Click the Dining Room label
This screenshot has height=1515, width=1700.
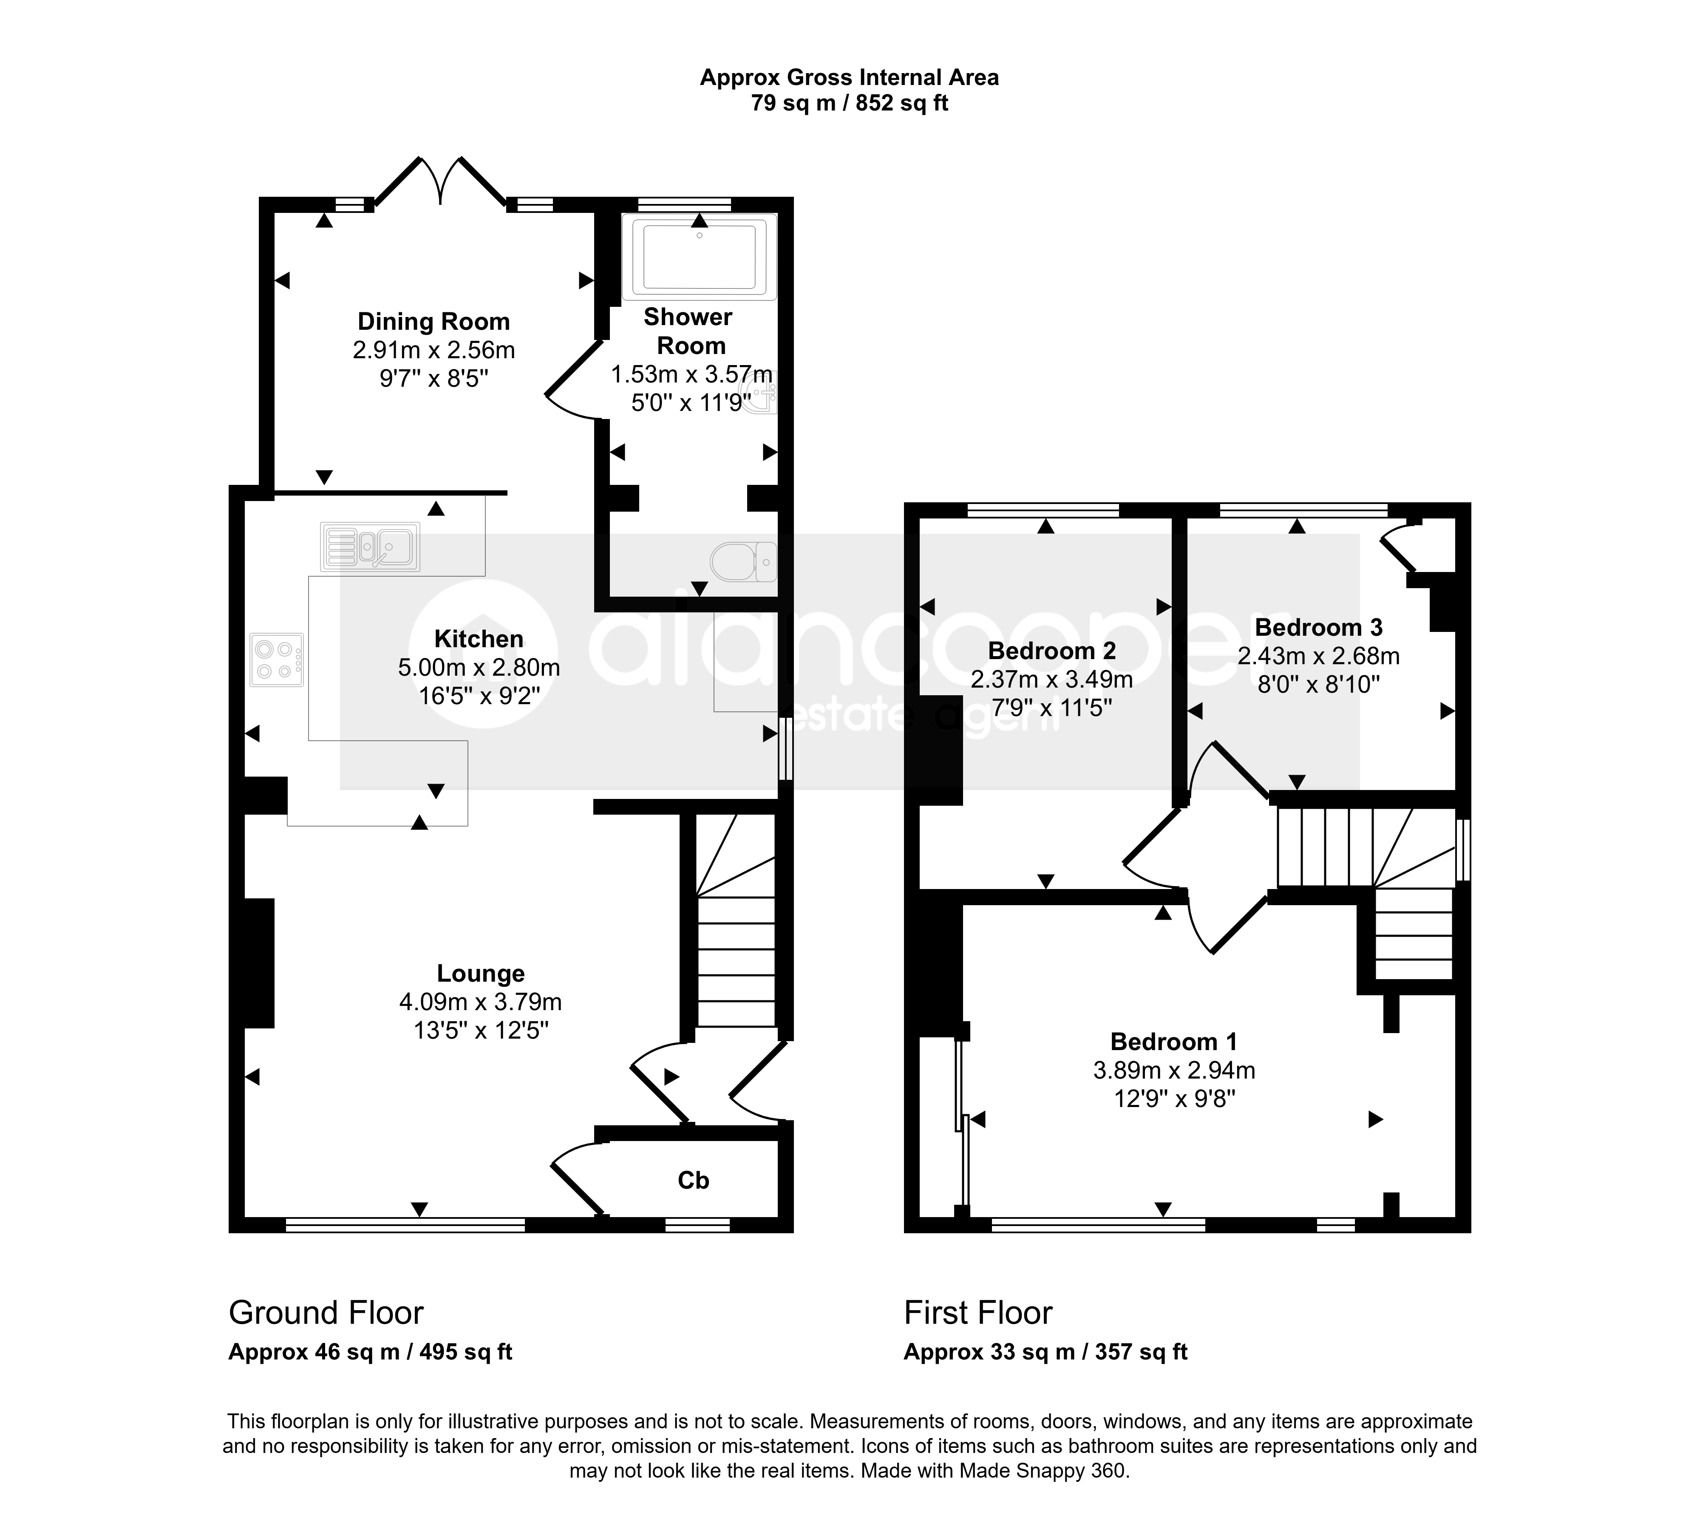click(434, 321)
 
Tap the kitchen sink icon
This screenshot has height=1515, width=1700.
click(370, 547)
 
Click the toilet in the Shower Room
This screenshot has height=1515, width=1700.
click(743, 562)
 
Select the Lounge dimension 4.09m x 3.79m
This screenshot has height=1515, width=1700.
click(480, 1001)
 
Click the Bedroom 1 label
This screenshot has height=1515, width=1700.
click(1174, 1041)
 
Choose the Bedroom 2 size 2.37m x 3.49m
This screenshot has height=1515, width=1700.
click(1051, 679)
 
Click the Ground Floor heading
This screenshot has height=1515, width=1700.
click(326, 1313)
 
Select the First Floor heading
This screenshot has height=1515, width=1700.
click(978, 1313)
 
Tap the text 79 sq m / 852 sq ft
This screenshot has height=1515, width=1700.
click(849, 103)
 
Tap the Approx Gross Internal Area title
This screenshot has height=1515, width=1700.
click(849, 77)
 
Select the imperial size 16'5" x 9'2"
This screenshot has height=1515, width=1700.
click(479, 695)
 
